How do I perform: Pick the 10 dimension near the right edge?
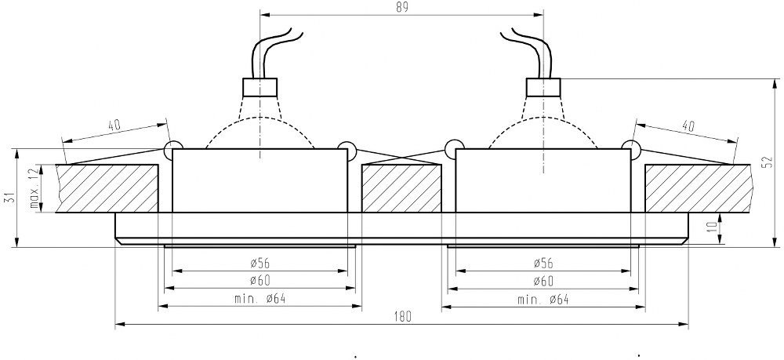pyautogui.click(x=710, y=228)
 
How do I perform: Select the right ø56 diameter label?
pyautogui.click(x=543, y=264)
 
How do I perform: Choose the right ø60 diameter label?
pyautogui.click(x=543, y=281)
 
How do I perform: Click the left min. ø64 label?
pyautogui.click(x=258, y=299)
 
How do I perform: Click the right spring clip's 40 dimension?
pyautogui.click(x=688, y=125)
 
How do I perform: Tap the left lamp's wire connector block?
pyautogui.click(x=260, y=86)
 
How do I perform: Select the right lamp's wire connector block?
pyautogui.click(x=543, y=86)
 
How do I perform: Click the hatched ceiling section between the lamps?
pyautogui.click(x=401, y=187)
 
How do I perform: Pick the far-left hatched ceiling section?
pyautogui.click(x=106, y=187)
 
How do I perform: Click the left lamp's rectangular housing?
pyautogui.click(x=258, y=180)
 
